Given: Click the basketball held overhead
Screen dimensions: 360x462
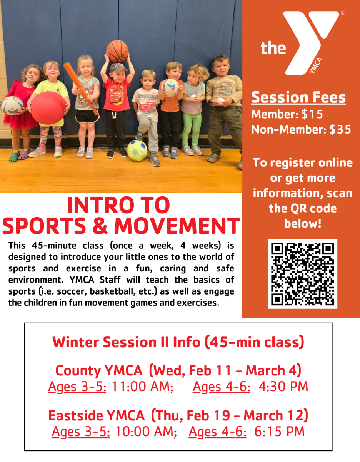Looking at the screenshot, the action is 117,51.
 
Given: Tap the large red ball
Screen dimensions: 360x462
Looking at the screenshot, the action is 48,108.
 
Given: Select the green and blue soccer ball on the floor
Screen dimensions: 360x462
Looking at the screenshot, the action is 137,150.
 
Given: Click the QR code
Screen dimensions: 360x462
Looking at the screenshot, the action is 302,274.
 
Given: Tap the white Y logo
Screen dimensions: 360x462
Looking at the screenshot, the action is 311,42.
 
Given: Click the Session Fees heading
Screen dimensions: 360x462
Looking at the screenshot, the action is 298,97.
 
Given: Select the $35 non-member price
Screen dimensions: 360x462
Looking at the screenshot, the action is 340,129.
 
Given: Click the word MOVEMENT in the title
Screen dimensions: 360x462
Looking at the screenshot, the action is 177,226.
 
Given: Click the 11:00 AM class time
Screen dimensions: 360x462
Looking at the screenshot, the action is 143,386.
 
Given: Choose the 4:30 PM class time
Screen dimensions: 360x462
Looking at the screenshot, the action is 283,386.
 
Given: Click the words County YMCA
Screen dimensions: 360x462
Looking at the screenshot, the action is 99,371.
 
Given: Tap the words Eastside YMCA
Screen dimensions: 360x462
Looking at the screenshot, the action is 97,415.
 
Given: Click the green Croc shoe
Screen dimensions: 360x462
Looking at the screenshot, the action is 14,156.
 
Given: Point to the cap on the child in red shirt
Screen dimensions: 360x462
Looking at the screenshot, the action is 118,67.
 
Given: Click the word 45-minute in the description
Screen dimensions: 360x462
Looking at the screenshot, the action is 54,246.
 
